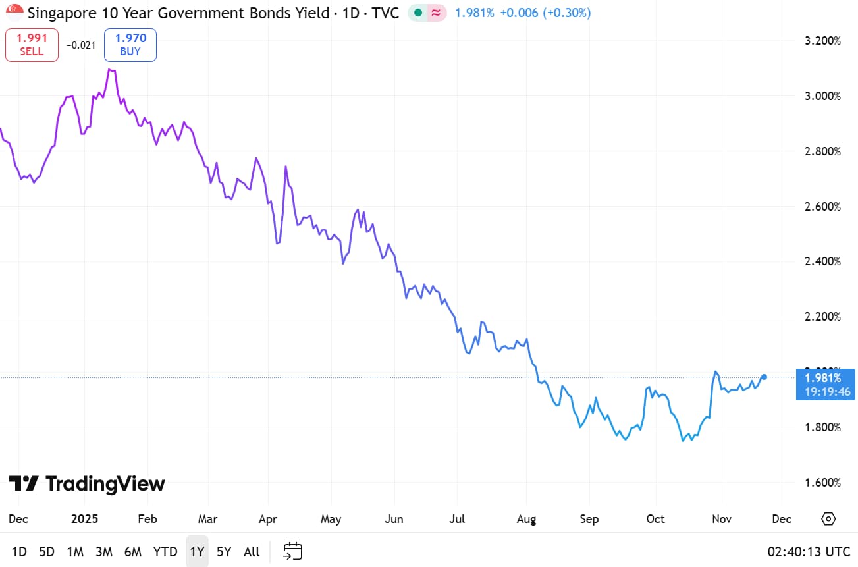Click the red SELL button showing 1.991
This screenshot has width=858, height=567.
32,45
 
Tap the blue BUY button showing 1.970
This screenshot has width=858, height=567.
130,45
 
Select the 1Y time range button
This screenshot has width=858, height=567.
197,552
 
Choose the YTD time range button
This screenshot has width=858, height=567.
165,552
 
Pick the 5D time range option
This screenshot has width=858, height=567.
47,552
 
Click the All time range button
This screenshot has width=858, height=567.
252,552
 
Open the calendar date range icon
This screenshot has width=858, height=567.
292,551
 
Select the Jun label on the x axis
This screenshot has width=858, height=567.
393,519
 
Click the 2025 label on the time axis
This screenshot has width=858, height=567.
84,519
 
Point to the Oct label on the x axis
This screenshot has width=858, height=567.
655,519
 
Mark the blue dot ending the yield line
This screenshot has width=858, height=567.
764,377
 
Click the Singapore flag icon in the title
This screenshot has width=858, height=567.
14,12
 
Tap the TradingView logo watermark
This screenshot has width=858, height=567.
87,484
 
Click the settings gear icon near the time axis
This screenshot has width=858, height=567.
828,519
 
